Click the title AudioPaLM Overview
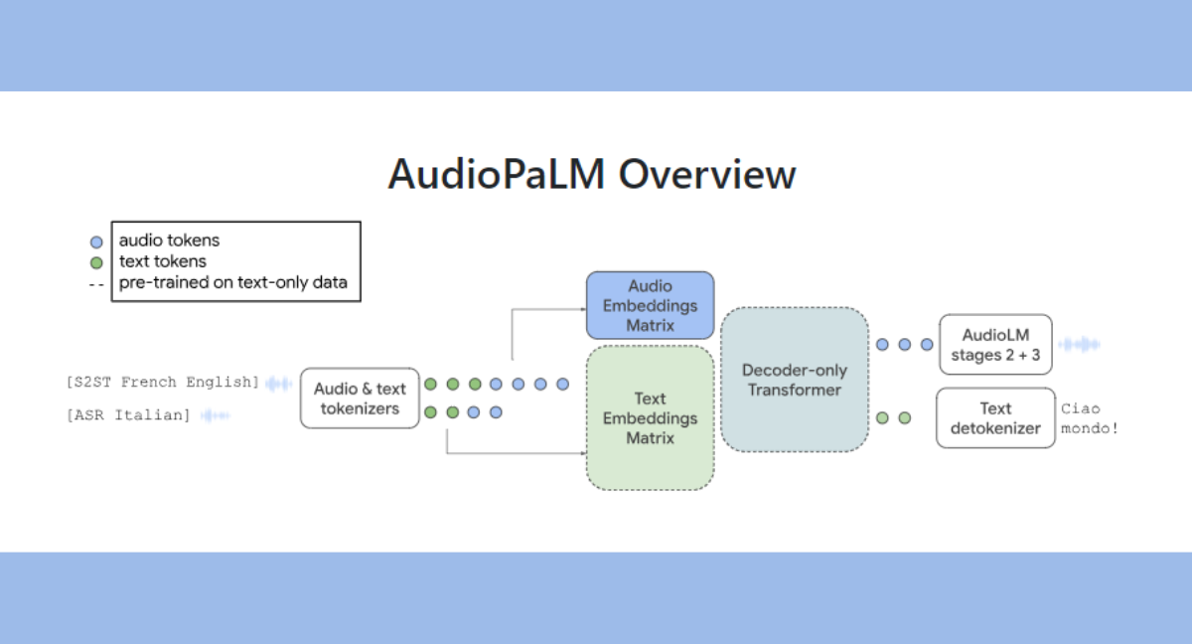592,174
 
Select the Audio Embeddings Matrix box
650,305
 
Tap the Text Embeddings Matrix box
650,418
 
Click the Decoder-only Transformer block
794,380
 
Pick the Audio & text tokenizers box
360,399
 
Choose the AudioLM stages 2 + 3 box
996,345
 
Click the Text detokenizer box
995,418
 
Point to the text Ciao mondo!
1082,419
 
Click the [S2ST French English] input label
163,383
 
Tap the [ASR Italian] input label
129,414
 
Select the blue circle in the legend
96,241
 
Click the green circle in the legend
96,263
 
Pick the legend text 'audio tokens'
169,241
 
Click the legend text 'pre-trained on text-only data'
232,282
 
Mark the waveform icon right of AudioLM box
1079,345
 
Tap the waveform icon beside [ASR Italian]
215,414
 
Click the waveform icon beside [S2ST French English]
278,383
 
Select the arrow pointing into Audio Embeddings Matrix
576,309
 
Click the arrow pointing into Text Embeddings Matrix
576,453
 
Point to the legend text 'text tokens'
163,261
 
